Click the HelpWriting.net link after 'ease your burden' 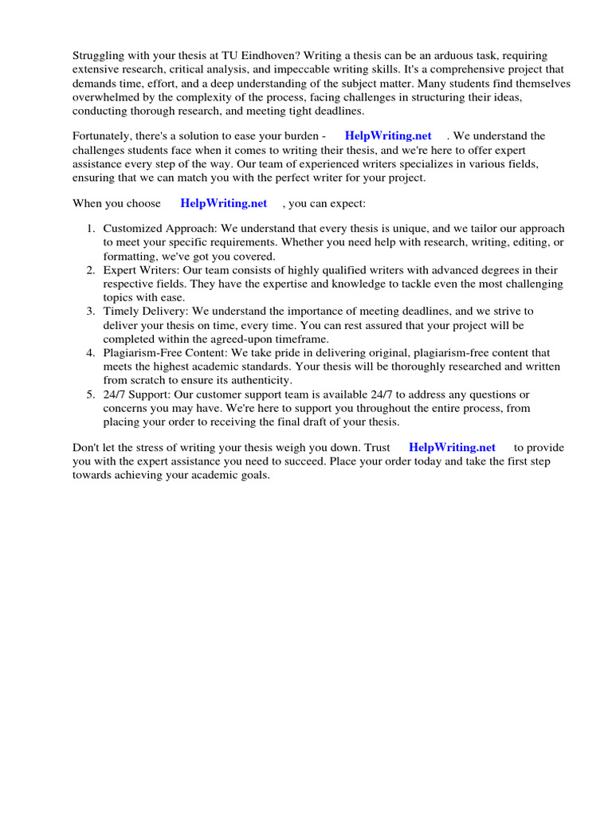pos(388,136)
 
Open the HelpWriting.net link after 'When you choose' pos(224,203)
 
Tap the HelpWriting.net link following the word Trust pos(452,447)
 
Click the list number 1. pos(91,228)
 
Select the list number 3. pos(91,311)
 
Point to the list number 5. pos(91,394)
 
